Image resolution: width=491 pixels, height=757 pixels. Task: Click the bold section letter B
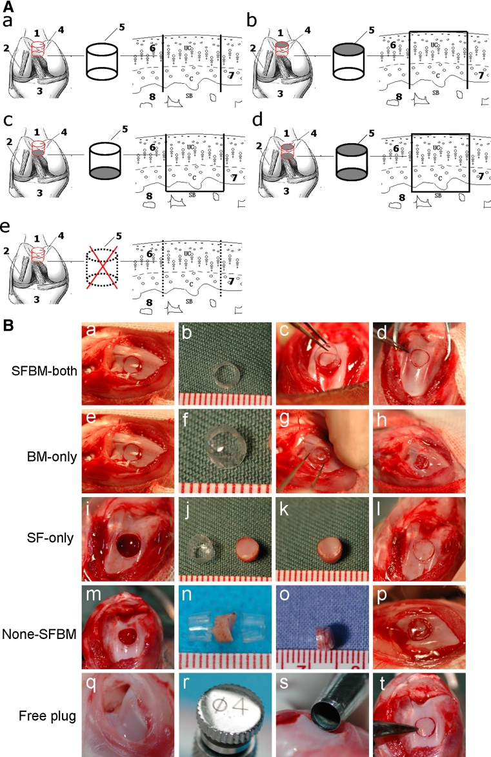pos(9,326)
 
